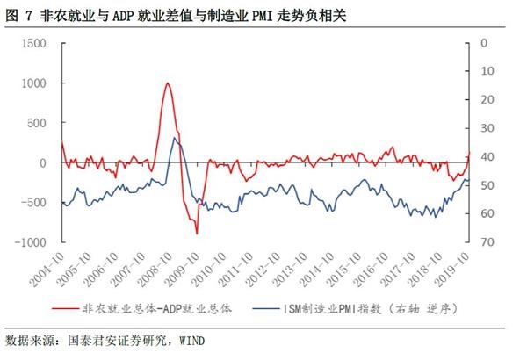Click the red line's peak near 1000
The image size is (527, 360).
tap(167, 83)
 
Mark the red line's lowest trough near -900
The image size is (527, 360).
tap(197, 234)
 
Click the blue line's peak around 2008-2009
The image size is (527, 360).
tap(174, 138)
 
